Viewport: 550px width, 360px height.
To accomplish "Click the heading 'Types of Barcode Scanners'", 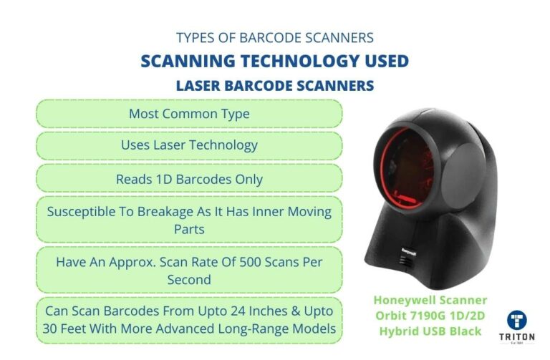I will [x=274, y=37].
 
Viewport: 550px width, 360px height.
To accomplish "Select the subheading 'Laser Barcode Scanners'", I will [x=274, y=86].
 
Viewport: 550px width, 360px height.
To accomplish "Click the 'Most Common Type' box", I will [x=189, y=114].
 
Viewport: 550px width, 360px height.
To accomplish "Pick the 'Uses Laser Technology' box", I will [x=189, y=145].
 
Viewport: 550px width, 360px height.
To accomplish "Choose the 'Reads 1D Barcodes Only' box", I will [x=189, y=179].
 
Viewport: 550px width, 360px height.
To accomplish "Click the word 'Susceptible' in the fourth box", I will [x=79, y=212].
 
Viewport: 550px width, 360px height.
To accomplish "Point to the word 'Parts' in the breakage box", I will [x=189, y=229].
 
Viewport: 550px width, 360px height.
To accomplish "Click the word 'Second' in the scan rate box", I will [x=189, y=279].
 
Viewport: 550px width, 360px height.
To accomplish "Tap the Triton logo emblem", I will [x=518, y=321].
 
